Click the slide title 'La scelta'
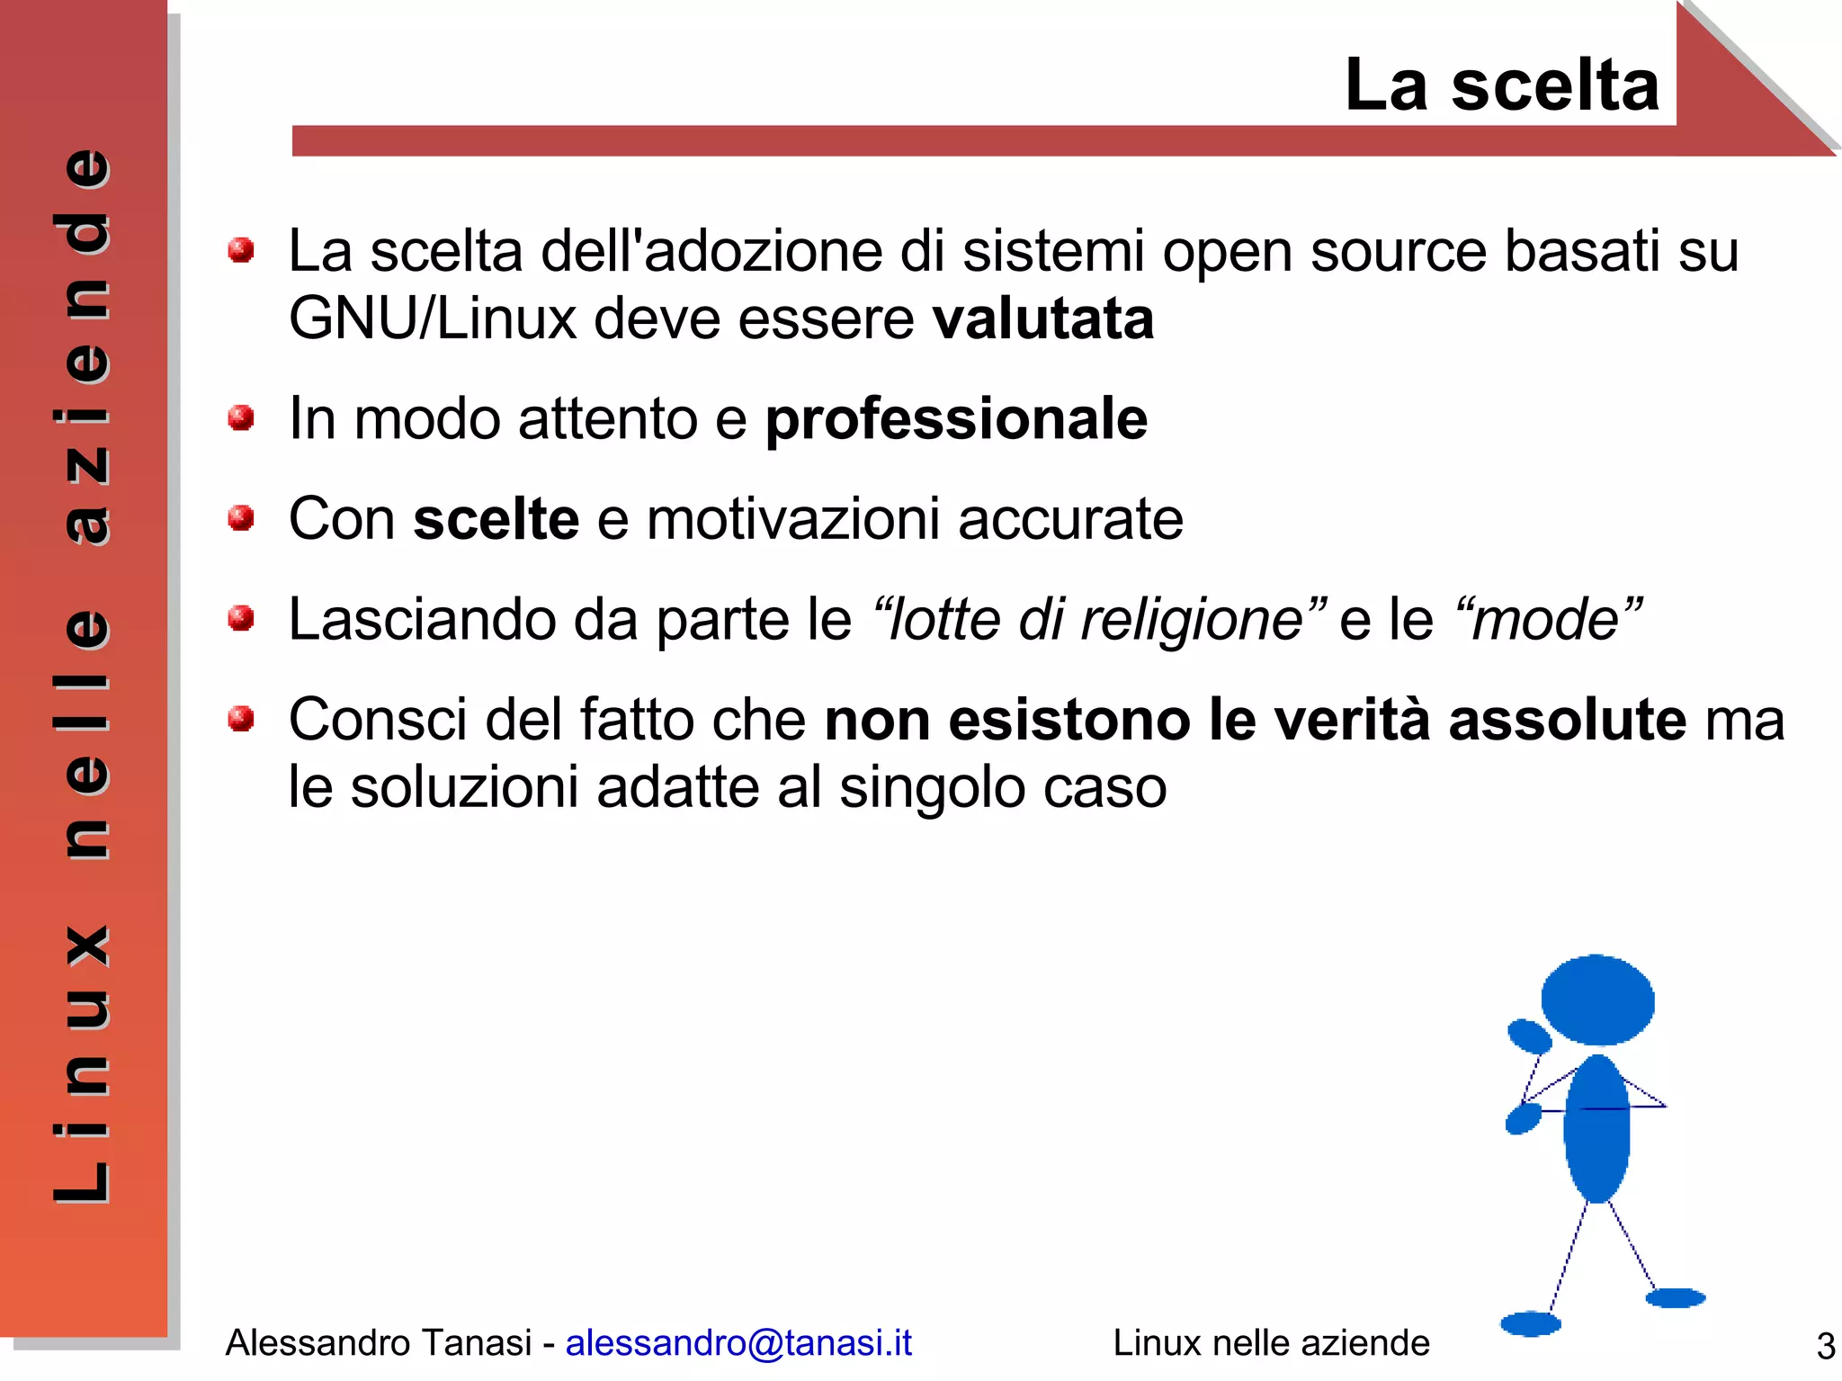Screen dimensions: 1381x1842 click(1501, 85)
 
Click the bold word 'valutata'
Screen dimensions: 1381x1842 click(1042, 318)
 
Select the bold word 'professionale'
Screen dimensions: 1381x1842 click(956, 419)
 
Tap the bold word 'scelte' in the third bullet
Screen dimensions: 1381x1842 click(496, 519)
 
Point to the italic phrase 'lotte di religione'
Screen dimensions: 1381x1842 click(1095, 620)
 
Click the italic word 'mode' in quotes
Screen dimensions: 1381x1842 click(1546, 620)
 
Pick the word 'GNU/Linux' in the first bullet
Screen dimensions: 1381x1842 click(432, 318)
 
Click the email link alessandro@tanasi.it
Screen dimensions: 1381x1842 click(738, 1342)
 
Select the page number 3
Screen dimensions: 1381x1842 click(1825, 1346)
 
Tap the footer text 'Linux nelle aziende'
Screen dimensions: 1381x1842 click(1271, 1342)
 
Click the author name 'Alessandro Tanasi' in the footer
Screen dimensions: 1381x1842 click(378, 1342)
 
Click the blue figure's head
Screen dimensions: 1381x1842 click(1597, 1000)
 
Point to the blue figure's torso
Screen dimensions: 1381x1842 click(1596, 1129)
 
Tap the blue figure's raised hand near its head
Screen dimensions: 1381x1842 click(1529, 1036)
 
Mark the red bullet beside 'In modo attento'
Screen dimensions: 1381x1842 click(240, 417)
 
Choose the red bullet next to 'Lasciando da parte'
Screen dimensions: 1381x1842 click(240, 618)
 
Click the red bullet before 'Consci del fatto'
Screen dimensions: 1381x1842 click(240, 719)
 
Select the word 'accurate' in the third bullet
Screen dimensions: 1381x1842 click(1070, 519)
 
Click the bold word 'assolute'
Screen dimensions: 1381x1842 click(1567, 720)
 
